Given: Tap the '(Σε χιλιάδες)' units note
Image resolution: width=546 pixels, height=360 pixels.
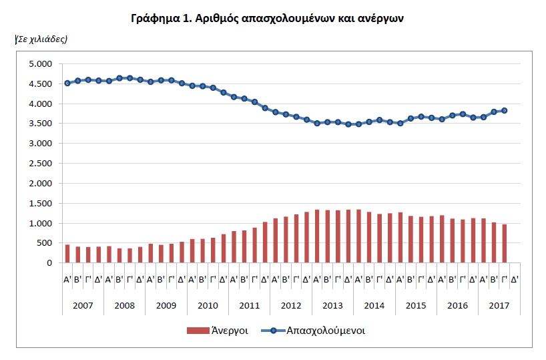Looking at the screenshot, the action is point(41,39).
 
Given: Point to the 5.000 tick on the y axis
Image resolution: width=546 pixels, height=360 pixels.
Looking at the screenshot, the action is point(41,63).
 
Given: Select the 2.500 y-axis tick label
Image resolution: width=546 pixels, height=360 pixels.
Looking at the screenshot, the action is point(41,164).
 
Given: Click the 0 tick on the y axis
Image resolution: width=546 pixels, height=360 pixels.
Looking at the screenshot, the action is point(49,263).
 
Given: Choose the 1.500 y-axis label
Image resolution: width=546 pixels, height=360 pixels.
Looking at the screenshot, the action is point(41,204).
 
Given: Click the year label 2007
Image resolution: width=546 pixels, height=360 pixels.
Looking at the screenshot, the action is point(83,306).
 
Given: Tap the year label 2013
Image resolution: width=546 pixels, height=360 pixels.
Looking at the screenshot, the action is point(332,306).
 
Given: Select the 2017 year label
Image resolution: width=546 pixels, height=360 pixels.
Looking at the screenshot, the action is point(499,306).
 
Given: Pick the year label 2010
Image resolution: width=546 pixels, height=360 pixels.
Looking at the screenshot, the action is point(208,306).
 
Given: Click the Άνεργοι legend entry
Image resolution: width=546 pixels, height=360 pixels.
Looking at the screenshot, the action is point(218,331).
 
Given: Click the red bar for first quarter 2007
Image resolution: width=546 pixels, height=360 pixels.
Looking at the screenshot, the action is point(67,254).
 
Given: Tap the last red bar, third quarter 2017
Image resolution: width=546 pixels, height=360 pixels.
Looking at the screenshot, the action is point(504,244).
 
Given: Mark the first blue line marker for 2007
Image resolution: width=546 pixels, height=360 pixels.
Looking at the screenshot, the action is point(67,83).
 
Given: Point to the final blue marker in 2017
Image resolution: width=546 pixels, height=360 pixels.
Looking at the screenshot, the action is point(504,111).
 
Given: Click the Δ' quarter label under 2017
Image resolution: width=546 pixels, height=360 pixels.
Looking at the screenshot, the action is point(515,279).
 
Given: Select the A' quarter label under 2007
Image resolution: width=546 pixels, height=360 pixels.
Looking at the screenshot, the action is point(67,279).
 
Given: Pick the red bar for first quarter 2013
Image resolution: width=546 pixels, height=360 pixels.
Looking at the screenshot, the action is point(317,236).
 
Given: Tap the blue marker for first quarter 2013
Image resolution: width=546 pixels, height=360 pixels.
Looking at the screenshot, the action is point(317,124).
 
